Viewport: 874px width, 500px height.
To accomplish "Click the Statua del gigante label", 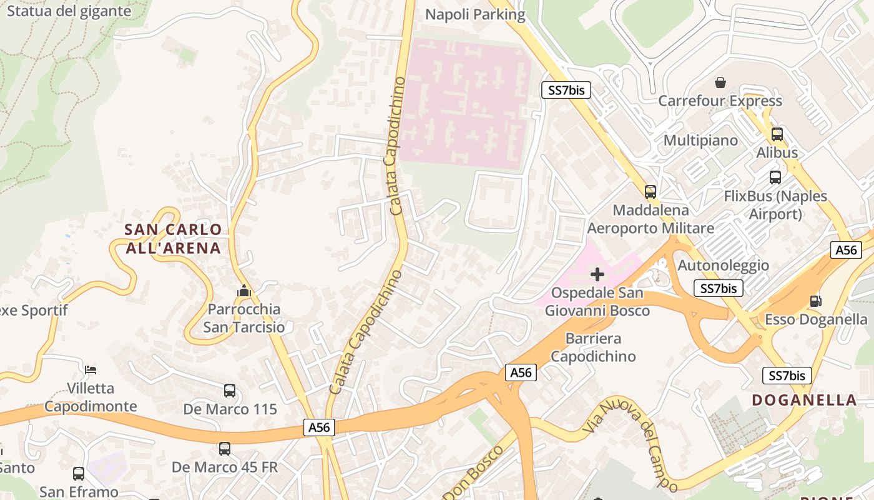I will click(x=69, y=11).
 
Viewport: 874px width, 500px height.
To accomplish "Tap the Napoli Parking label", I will click(x=476, y=14).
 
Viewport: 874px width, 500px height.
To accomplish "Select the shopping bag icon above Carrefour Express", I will click(x=720, y=82).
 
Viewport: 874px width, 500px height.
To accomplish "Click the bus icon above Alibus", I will click(x=777, y=134).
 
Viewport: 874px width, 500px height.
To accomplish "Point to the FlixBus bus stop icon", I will click(x=775, y=177).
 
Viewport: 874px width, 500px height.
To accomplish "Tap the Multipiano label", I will click(x=700, y=140).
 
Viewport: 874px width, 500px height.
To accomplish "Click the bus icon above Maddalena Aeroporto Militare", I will click(x=651, y=192).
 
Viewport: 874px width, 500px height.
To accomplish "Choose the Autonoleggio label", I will click(x=723, y=265).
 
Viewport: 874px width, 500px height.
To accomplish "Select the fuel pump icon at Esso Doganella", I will click(x=815, y=301).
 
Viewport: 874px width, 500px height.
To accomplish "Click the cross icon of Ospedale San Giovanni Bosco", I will click(x=597, y=274).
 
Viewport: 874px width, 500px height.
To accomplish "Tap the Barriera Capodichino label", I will click(x=593, y=347).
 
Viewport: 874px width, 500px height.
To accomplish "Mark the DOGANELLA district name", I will click(x=804, y=400).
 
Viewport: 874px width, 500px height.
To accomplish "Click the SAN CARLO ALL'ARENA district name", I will click(x=173, y=239).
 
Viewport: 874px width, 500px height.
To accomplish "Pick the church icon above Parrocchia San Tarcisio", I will click(x=244, y=291).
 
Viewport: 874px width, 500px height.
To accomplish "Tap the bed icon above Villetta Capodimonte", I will click(x=91, y=370).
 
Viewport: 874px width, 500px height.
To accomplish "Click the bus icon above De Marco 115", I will click(x=230, y=391).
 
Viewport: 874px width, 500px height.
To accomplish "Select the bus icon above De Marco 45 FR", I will click(x=225, y=449).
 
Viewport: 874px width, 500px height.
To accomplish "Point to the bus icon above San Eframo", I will click(x=79, y=474).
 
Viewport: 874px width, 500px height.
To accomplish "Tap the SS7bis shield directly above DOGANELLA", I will click(x=787, y=376).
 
